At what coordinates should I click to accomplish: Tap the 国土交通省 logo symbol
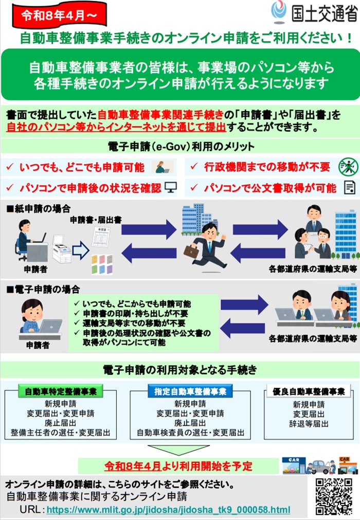coord(280,11)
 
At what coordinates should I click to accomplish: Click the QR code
coord(334,496)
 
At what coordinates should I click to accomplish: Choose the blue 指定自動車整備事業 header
coord(190,391)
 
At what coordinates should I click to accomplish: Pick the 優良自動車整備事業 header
coord(309,391)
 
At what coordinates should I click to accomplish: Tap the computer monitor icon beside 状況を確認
coord(170,187)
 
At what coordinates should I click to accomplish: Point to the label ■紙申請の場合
coord(38,209)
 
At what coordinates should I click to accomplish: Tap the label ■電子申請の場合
coord(43,290)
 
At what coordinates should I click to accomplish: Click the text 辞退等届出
coord(309,424)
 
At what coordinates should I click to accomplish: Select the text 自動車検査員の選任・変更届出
coord(190,433)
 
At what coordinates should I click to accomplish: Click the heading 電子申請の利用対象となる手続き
coord(179,369)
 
